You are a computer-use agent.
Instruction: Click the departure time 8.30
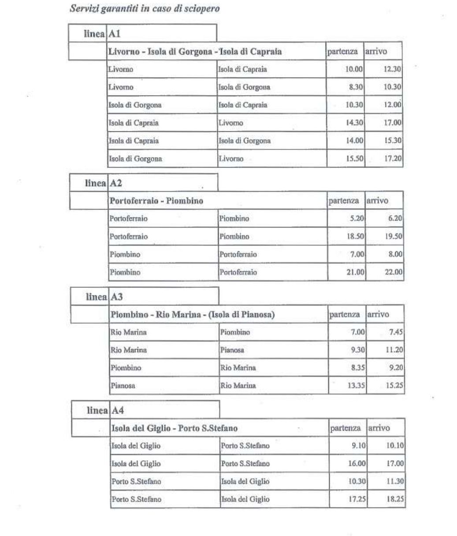(355, 87)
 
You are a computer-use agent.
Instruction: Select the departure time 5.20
(357, 219)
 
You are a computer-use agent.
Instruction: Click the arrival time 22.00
(394, 272)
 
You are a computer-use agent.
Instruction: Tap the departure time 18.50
(355, 237)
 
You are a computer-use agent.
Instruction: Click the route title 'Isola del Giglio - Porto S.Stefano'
(175, 428)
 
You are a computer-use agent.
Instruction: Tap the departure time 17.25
(357, 499)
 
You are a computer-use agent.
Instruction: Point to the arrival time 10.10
(395, 446)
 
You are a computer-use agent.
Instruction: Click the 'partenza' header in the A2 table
(344, 201)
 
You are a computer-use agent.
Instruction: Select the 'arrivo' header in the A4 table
(379, 428)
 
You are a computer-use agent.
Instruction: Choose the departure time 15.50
(355, 159)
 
